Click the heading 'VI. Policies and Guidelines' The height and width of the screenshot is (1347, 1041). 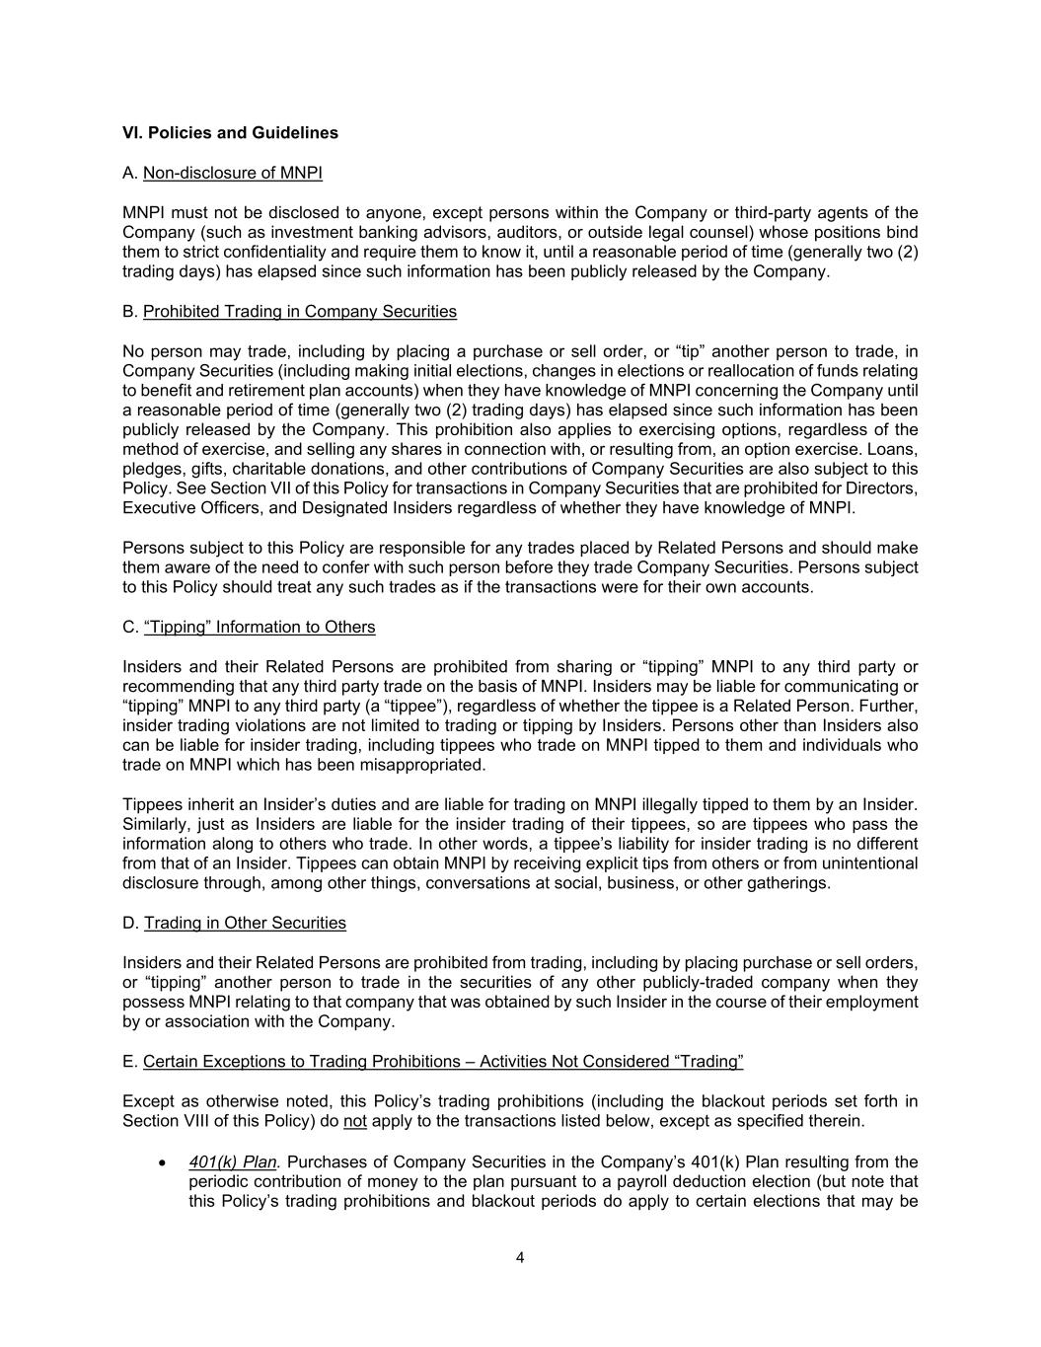[x=230, y=133]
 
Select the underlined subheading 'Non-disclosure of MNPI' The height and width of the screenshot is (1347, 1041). [x=232, y=174]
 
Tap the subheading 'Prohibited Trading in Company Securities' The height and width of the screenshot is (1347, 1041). [x=300, y=312]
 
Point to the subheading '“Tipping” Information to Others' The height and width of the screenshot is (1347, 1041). [x=260, y=628]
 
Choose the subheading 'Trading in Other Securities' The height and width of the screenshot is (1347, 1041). [x=245, y=924]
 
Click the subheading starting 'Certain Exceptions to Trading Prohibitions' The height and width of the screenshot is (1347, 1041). [x=443, y=1062]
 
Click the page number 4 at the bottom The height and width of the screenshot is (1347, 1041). [x=520, y=1258]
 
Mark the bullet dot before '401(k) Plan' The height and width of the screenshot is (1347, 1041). [x=164, y=1162]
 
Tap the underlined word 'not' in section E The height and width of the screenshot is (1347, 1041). [x=354, y=1121]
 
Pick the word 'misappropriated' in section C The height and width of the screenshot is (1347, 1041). [x=428, y=766]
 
